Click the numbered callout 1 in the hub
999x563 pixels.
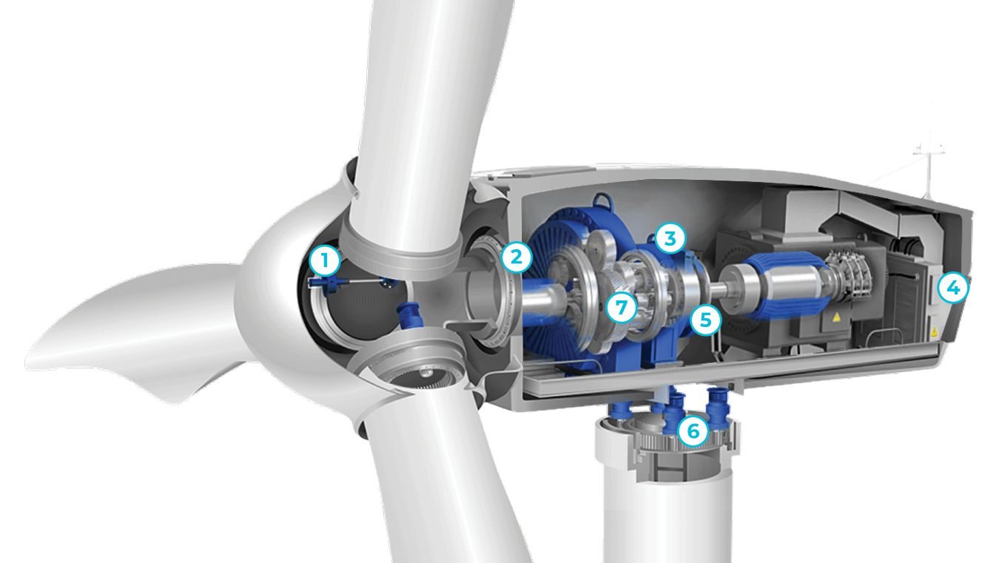pos(325,260)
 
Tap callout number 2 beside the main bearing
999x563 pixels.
pos(517,257)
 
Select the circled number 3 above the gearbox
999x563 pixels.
pos(670,238)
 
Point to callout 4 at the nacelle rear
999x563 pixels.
pos(953,288)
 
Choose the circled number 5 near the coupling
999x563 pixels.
pos(705,320)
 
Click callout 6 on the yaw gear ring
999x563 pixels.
pos(693,431)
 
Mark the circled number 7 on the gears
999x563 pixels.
pos(622,307)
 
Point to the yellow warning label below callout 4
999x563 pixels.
pos(933,331)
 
